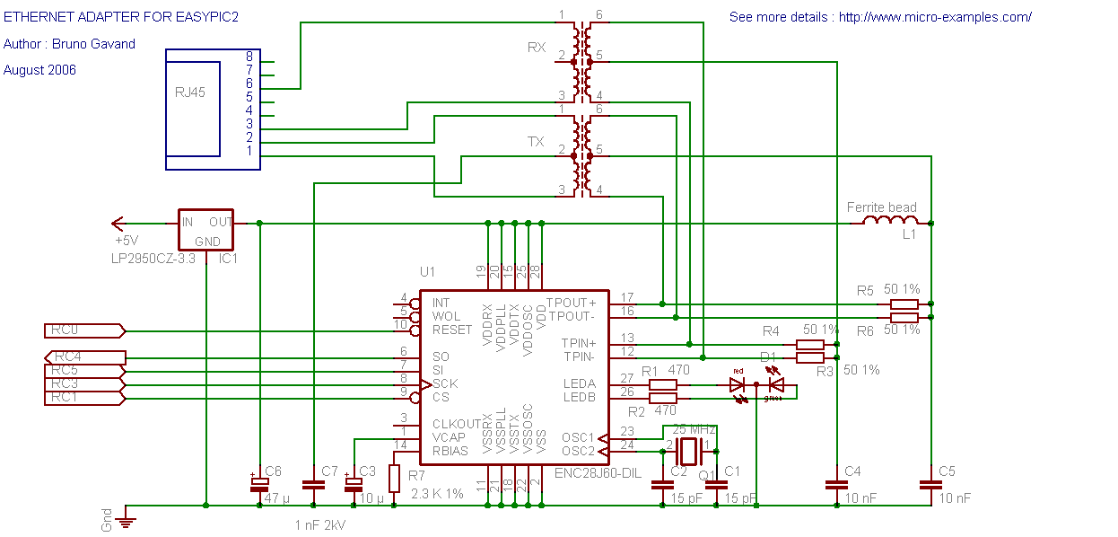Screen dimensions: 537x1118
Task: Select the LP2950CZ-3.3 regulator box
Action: pyautogui.click(x=205, y=230)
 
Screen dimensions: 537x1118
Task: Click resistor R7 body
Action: pyautogui.click(x=393, y=478)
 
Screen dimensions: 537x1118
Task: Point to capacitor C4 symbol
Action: pyautogui.click(x=836, y=485)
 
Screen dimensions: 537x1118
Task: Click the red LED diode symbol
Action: pyautogui.click(x=738, y=384)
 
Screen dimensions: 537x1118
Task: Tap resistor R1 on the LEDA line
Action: pyautogui.click(x=662, y=384)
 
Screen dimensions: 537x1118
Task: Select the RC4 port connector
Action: pyautogui.click(x=84, y=357)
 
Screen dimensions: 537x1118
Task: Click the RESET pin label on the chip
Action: pyautogui.click(x=451, y=330)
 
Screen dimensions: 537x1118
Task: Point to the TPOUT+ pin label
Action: pyautogui.click(x=571, y=303)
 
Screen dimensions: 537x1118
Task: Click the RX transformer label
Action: pyautogui.click(x=537, y=48)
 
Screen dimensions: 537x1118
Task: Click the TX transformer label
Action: pyautogui.click(x=536, y=142)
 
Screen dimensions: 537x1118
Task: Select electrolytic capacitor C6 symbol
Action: pyautogui.click(x=259, y=484)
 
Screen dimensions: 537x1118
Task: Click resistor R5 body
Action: pyautogui.click(x=904, y=304)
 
